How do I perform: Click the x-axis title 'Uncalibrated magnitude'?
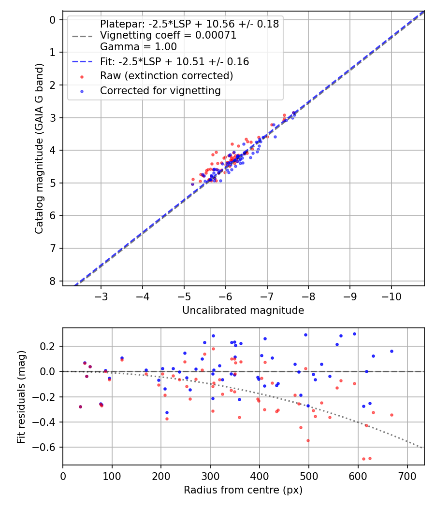243,310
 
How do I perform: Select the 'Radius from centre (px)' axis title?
243,490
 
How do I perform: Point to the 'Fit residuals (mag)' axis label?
21,396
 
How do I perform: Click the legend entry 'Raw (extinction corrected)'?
166,76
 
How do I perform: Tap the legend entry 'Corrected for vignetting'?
160,90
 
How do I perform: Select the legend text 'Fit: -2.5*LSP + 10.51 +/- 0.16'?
174,61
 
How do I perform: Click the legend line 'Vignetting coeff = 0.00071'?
168,35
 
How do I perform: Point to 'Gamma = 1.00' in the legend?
138,47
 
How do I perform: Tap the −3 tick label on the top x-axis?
101,296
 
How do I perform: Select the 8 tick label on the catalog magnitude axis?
53,281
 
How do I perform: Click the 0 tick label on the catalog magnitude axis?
53,20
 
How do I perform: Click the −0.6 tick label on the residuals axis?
46,447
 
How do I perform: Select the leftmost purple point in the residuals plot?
80,407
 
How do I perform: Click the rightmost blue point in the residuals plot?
391,351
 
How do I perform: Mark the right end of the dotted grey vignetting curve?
422,448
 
